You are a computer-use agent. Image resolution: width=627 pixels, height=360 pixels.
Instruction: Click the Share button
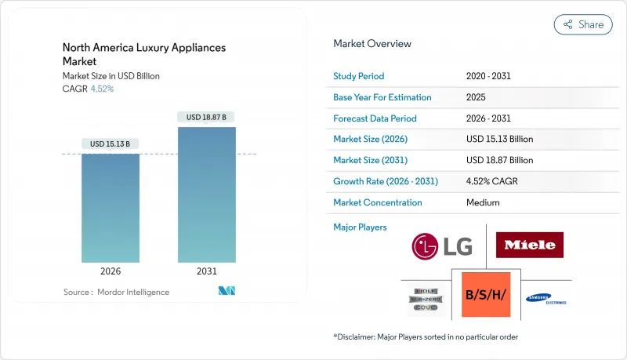[583, 24]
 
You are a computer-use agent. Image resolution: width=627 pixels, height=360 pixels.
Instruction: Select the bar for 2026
[110, 208]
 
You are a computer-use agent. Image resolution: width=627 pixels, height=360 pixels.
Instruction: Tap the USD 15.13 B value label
[110, 144]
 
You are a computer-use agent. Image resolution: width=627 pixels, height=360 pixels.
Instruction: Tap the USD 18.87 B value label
[207, 117]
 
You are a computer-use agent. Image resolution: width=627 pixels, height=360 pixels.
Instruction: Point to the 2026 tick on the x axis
[110, 271]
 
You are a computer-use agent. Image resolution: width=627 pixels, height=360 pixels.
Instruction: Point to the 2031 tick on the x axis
[207, 271]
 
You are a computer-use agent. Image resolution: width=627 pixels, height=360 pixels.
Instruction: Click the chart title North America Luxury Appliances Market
[143, 54]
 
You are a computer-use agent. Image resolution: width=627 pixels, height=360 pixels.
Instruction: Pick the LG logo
[442, 246]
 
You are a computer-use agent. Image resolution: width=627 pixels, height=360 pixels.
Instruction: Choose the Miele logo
[529, 245]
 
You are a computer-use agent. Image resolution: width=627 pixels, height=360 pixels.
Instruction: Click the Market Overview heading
[371, 43]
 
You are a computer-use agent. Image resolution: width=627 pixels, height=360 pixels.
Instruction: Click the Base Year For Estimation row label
[382, 97]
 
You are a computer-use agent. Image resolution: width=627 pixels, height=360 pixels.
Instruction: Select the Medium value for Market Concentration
[484, 202]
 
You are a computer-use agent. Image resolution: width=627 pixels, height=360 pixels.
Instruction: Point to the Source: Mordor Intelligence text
[116, 292]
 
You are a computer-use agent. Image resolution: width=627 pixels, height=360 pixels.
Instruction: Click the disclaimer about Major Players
[426, 336]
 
